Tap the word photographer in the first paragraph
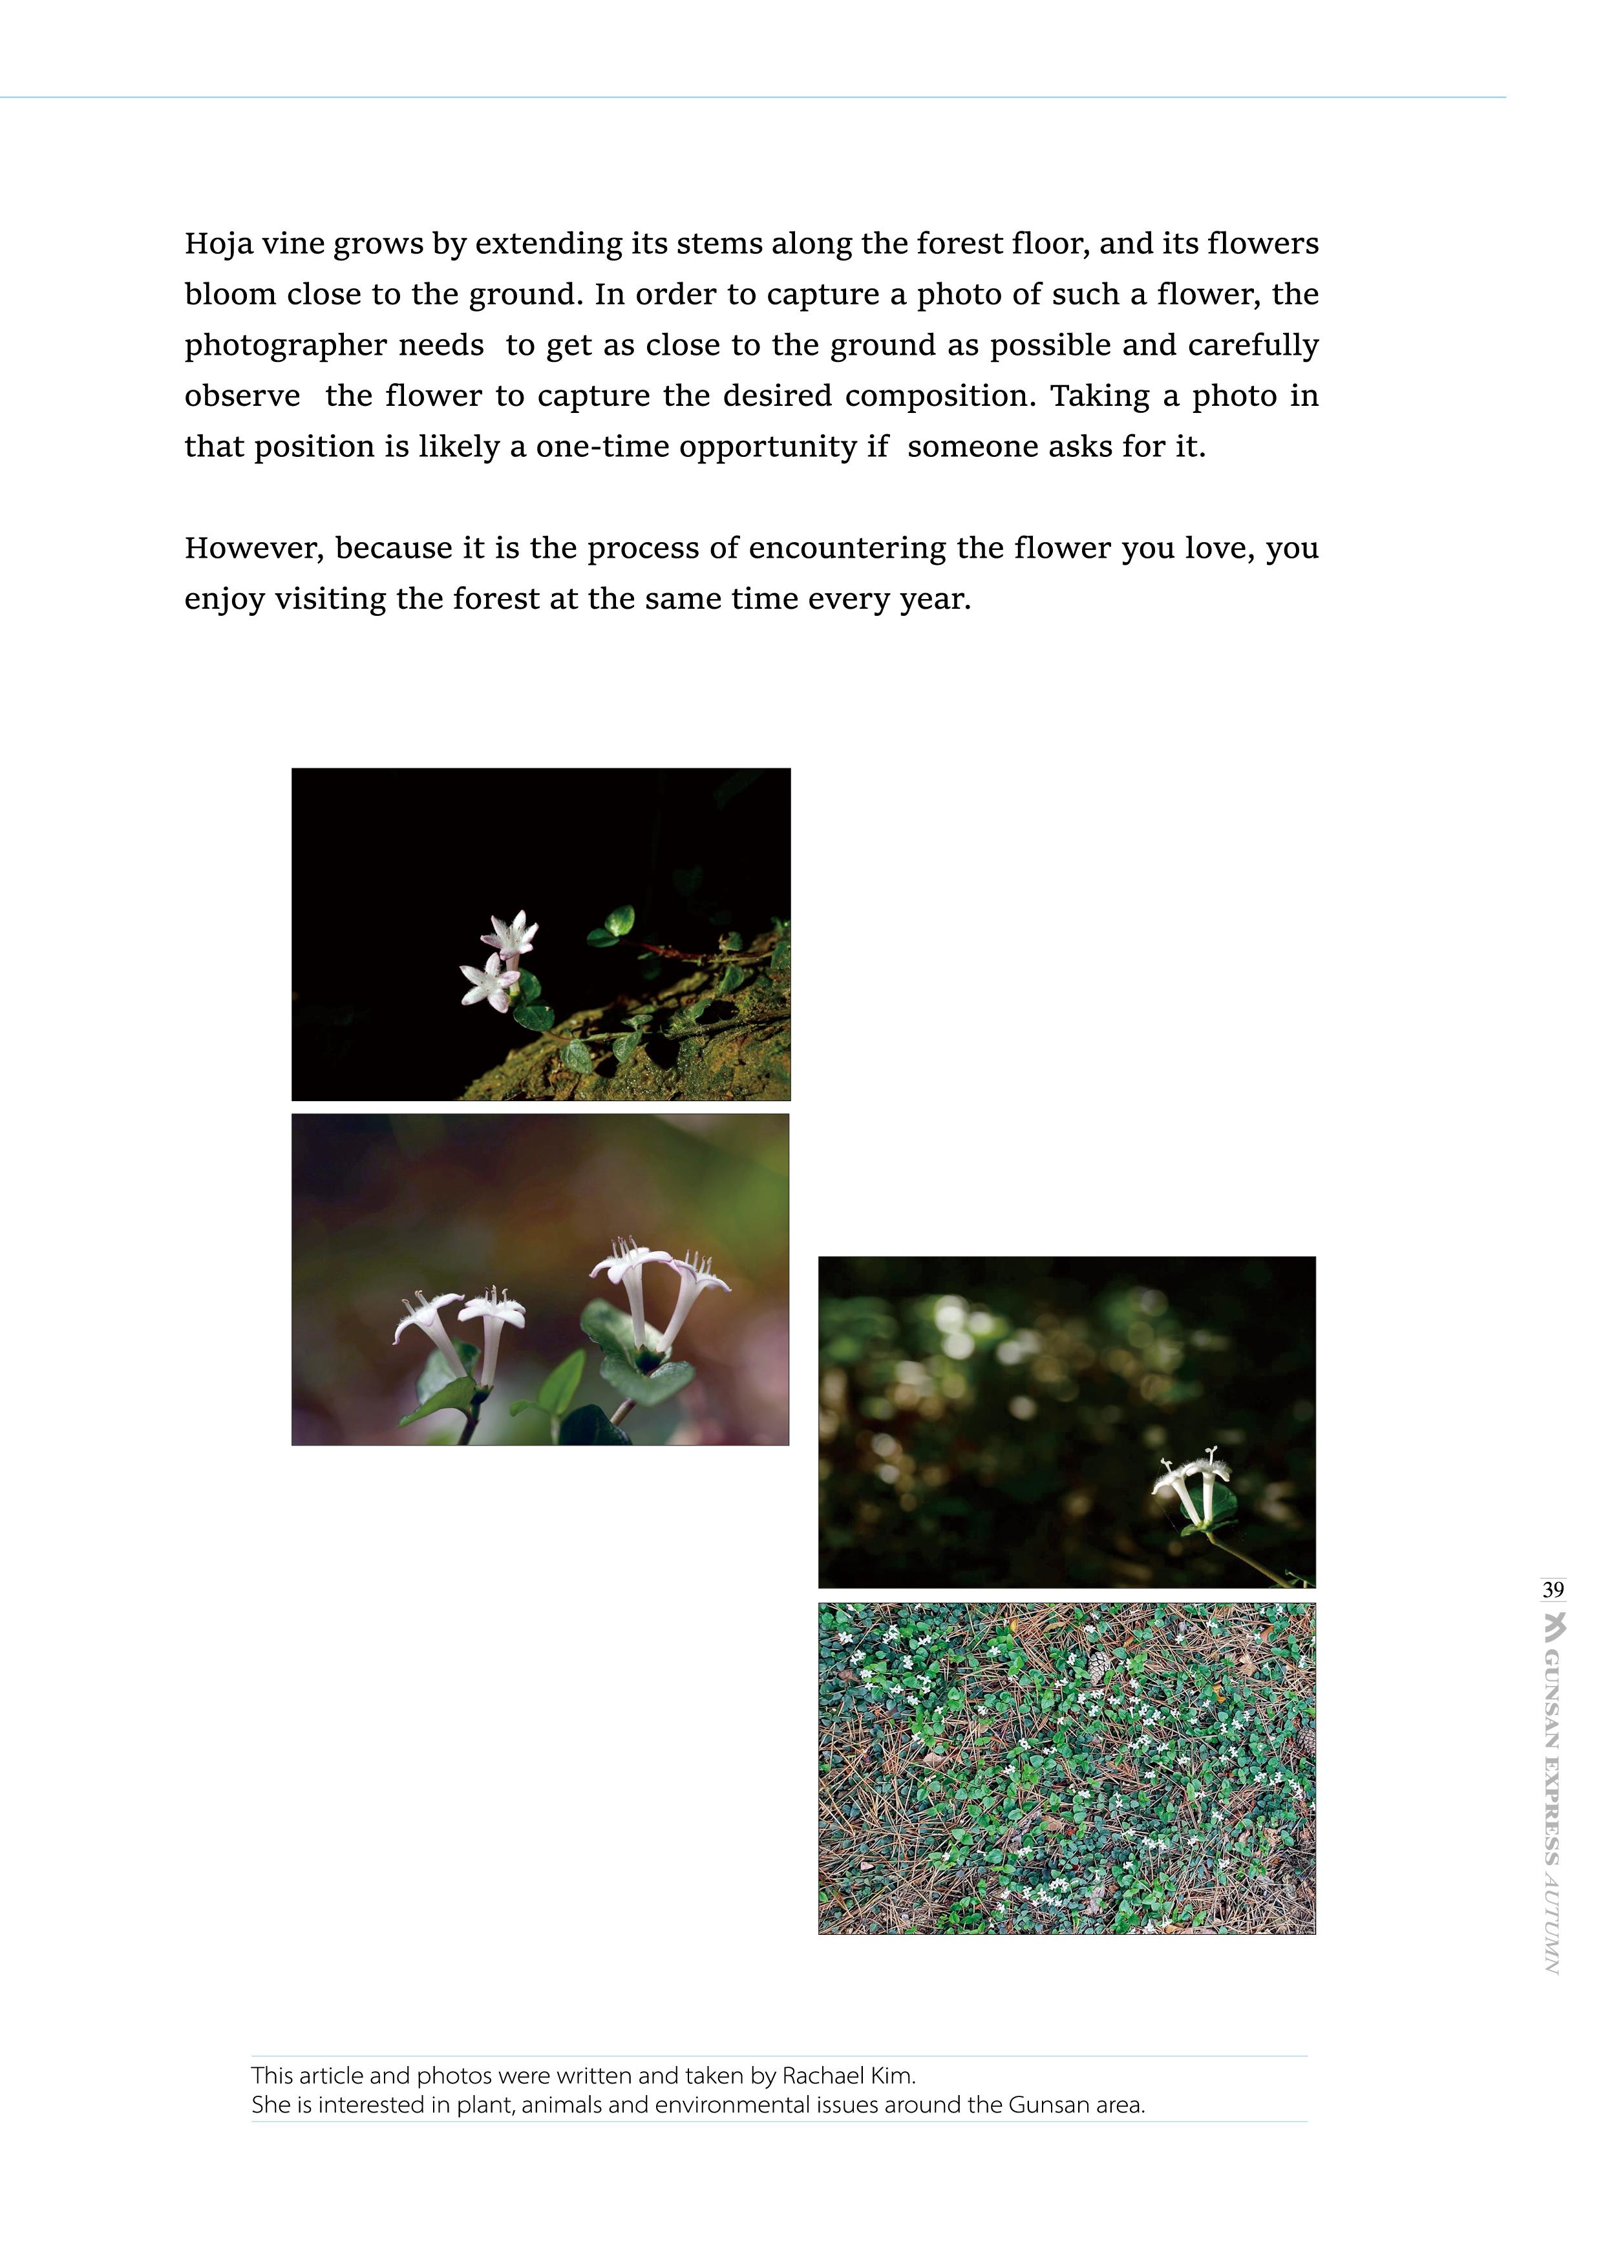(x=284, y=346)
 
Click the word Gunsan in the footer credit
(x=1047, y=2104)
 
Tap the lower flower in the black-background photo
(x=489, y=982)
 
